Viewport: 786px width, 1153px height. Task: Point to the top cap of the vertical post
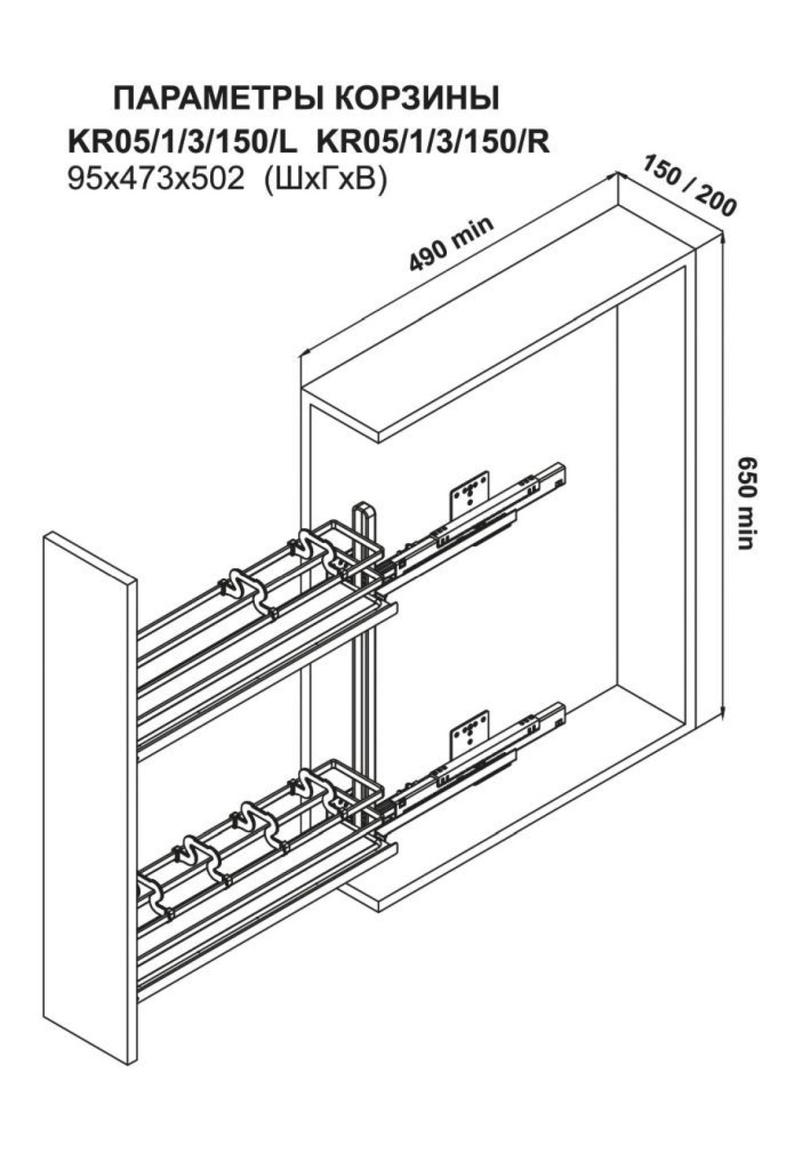point(363,510)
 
